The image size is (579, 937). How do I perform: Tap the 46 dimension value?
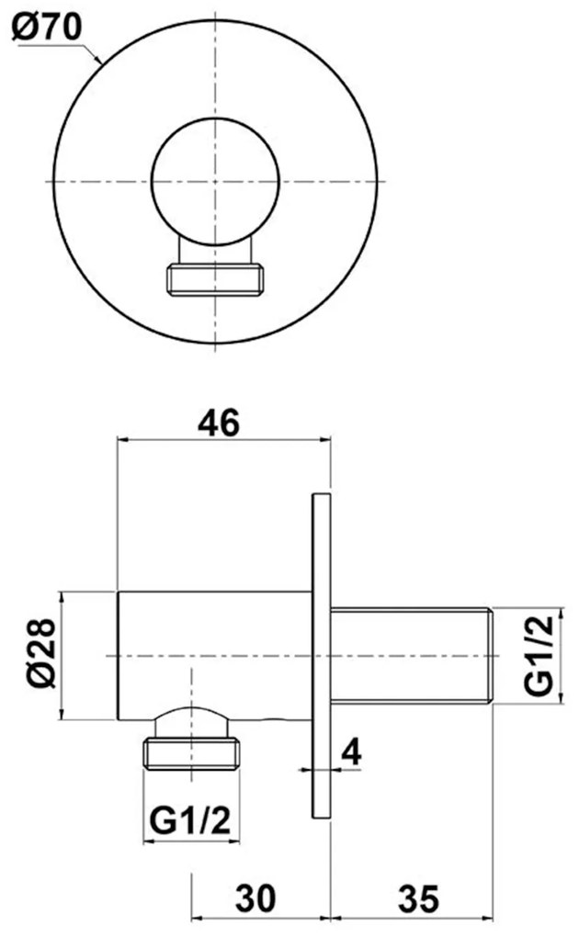[x=220, y=423]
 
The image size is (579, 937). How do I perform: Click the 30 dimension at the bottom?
[x=258, y=895]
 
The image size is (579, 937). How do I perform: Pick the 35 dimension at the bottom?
[x=416, y=895]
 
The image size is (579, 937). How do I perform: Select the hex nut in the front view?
[x=216, y=279]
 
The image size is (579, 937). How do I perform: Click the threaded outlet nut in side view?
[x=191, y=753]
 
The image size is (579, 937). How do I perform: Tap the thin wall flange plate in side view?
[x=321, y=656]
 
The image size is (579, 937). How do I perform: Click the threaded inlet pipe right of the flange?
[x=412, y=656]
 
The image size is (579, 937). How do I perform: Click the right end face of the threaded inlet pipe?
[x=493, y=656]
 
